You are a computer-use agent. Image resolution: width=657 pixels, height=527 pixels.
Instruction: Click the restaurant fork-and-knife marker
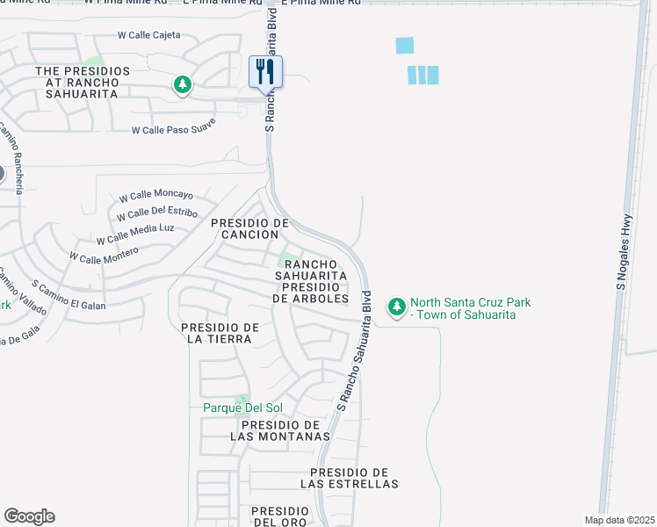tap(265, 72)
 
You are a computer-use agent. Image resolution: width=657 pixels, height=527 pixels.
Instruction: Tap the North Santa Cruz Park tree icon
tap(398, 307)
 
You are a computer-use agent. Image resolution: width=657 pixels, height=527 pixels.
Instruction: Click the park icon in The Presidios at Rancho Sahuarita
tap(183, 84)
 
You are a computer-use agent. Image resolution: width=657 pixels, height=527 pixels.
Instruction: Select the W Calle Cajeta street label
tap(149, 35)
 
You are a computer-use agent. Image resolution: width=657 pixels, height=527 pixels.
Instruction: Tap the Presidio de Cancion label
tap(250, 228)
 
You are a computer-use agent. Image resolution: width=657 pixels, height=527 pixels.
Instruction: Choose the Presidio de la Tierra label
tap(220, 333)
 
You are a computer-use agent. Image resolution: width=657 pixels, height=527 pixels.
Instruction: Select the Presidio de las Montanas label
tap(280, 430)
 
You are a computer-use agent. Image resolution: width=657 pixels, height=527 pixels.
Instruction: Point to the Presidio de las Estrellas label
tap(350, 478)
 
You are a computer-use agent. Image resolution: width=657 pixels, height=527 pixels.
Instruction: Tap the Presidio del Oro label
tap(279, 516)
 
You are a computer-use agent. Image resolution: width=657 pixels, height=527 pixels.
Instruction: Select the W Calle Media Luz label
tap(136, 234)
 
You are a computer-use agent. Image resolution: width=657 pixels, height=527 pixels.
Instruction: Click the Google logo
tap(29, 516)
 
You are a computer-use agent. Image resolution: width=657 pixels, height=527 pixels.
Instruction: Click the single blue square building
tap(405, 46)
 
